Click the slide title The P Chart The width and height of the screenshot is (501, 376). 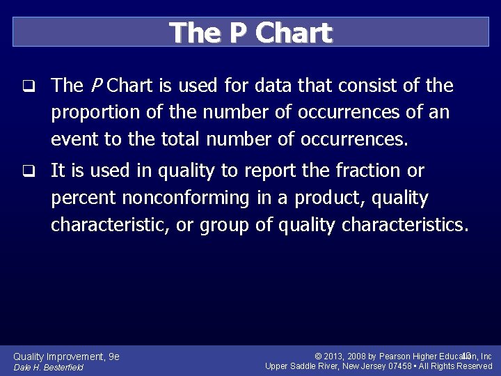pos(250,33)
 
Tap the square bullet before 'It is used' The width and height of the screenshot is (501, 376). pos(28,171)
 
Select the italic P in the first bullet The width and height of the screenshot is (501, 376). pos(96,86)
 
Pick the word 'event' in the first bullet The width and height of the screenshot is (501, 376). pos(74,139)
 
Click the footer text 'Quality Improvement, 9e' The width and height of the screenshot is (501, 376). pos(67,357)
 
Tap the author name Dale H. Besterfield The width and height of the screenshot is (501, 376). pos(49,367)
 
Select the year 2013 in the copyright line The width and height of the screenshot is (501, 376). pos(336,357)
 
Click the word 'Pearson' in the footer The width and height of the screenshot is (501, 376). pos(395,357)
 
